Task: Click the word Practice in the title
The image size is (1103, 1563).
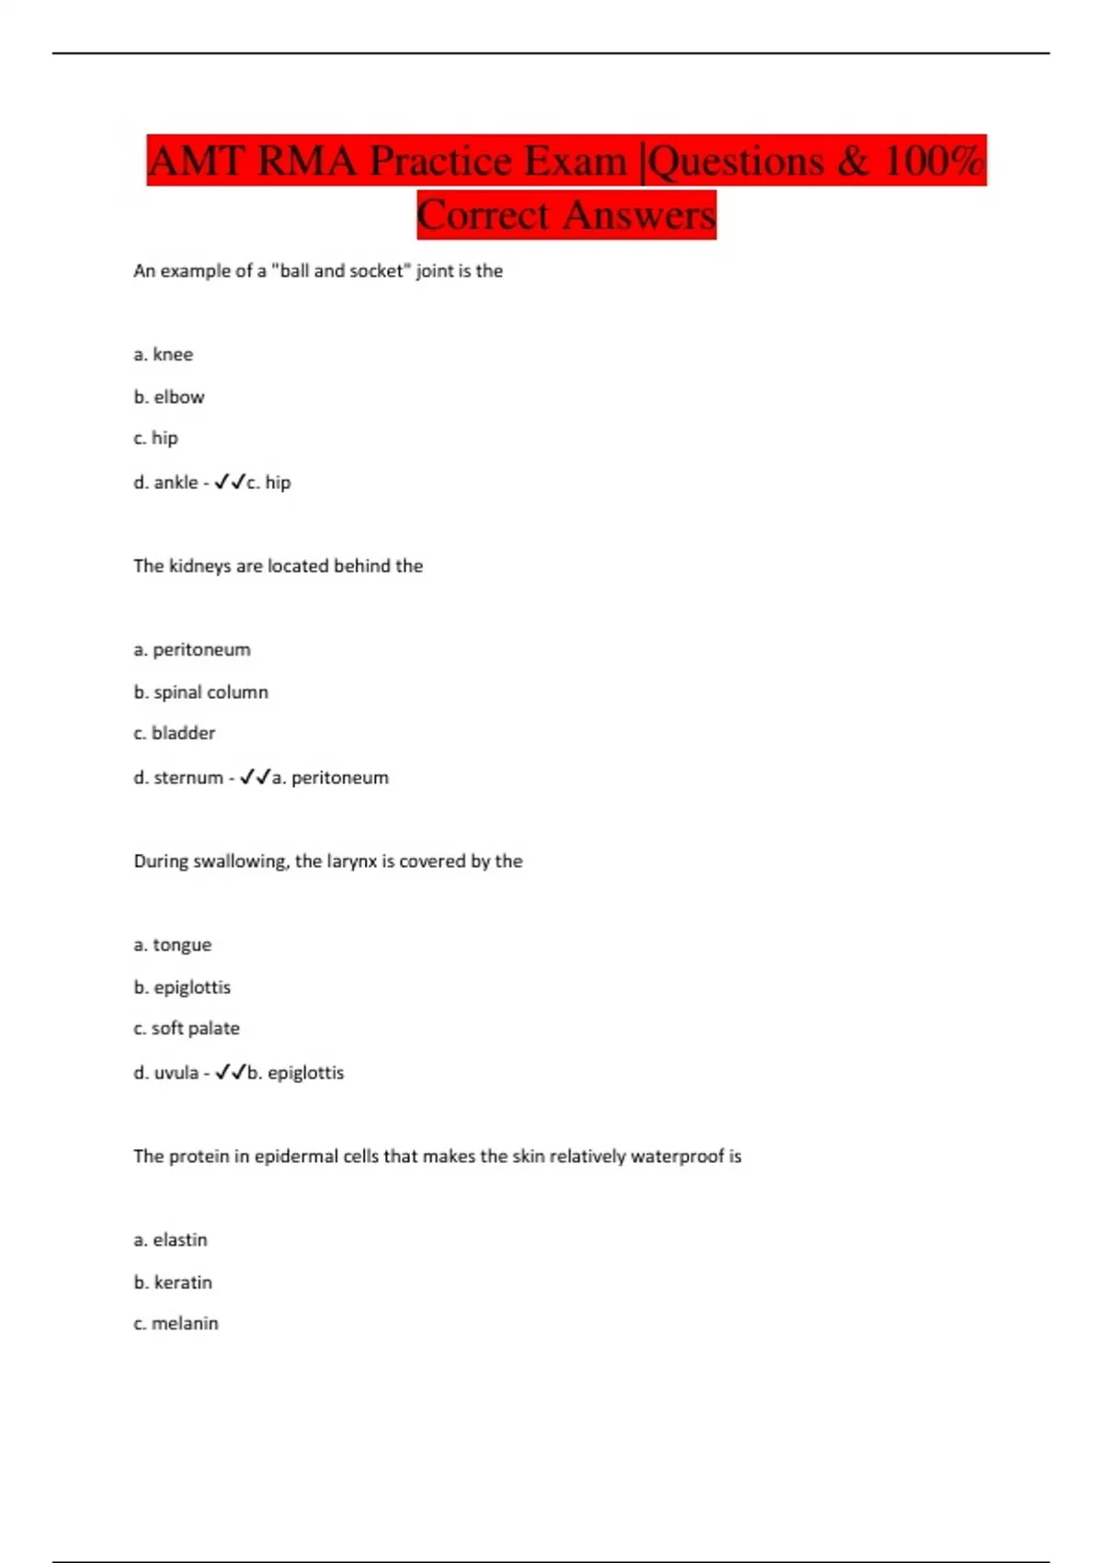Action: click(x=440, y=162)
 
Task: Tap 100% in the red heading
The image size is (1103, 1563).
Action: click(x=934, y=162)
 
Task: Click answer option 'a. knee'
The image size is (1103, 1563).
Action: click(x=164, y=355)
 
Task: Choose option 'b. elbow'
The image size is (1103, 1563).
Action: click(x=169, y=397)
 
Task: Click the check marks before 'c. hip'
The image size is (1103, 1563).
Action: click(x=230, y=482)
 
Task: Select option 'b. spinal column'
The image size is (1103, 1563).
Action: click(x=201, y=692)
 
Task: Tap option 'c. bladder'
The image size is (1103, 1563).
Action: click(x=175, y=734)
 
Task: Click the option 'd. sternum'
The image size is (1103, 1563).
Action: click(x=178, y=778)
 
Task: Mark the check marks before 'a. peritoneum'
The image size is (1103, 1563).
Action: click(x=256, y=778)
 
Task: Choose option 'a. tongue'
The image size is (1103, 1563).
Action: click(x=173, y=945)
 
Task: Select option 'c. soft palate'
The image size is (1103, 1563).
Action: click(x=187, y=1029)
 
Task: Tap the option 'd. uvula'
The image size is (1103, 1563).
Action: click(x=166, y=1073)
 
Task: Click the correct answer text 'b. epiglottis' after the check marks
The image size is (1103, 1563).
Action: click(x=296, y=1073)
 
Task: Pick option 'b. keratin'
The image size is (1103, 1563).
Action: click(x=173, y=1283)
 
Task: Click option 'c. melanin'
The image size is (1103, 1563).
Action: click(x=176, y=1324)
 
